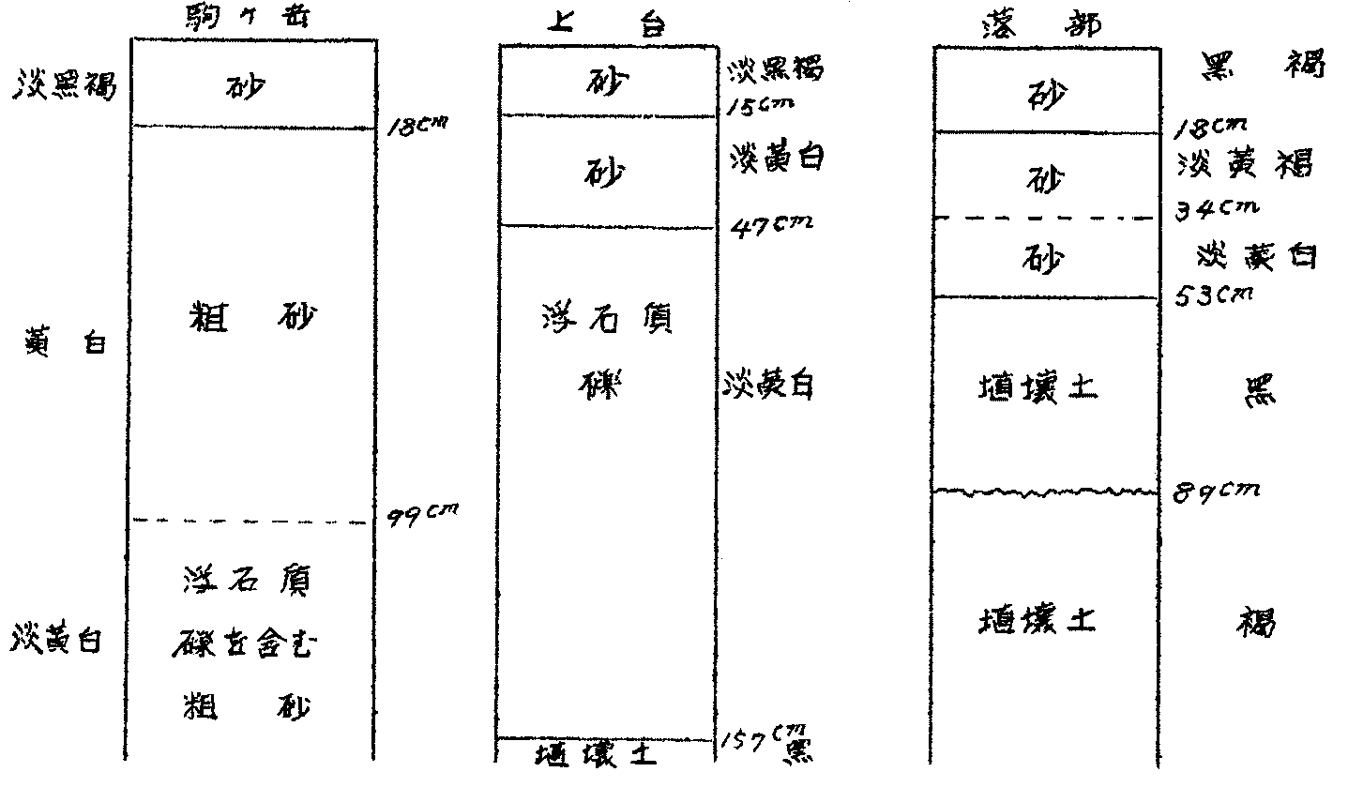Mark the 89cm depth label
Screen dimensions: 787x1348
[1218, 489]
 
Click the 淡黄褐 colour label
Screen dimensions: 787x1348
[1244, 165]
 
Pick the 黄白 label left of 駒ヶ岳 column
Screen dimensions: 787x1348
[62, 342]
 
